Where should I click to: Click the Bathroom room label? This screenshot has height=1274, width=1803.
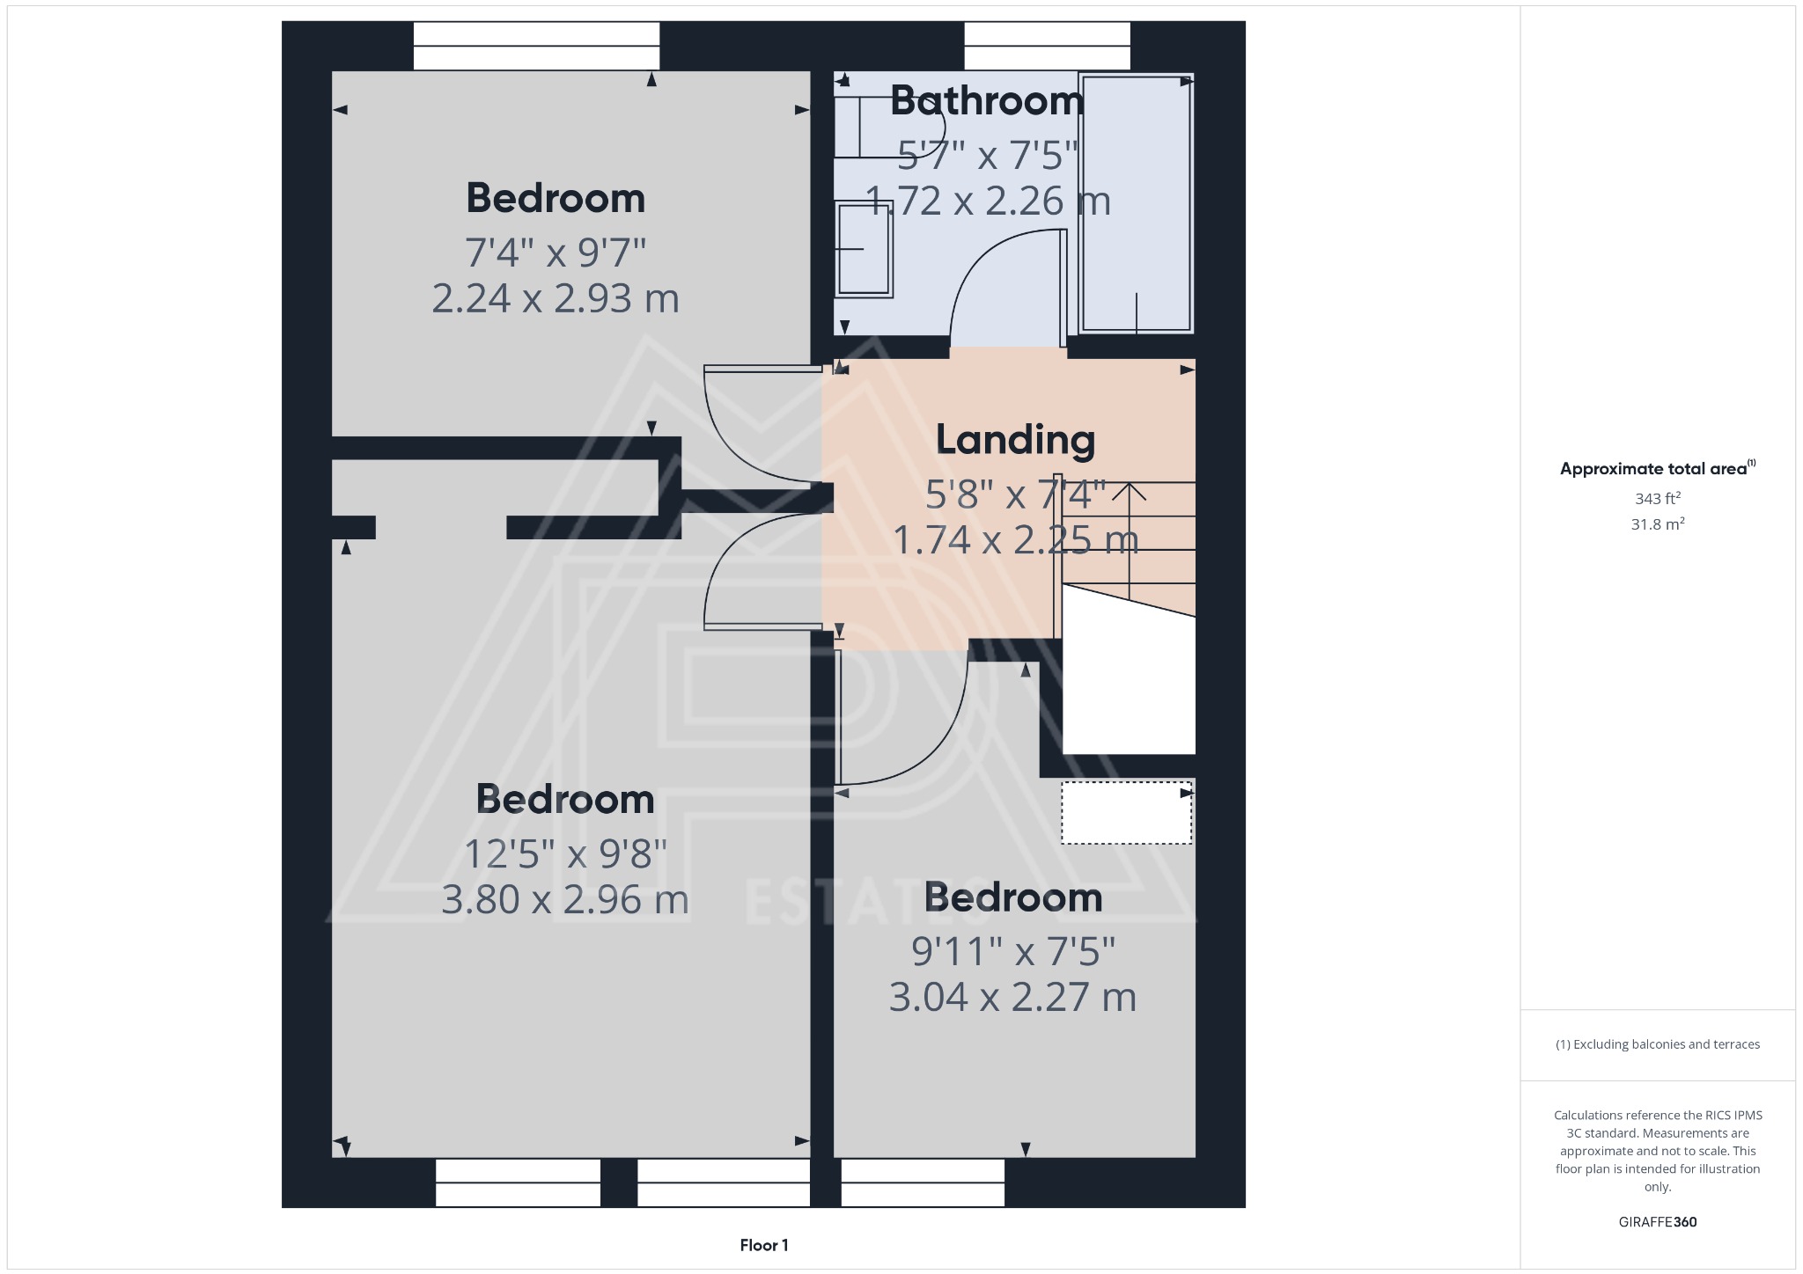(986, 101)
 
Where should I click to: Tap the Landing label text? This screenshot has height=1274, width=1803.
(1015, 440)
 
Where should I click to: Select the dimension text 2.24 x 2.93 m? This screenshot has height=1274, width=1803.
(556, 299)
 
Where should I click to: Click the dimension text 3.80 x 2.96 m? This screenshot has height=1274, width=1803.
(564, 900)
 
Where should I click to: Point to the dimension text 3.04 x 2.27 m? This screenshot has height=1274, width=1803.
(1012, 998)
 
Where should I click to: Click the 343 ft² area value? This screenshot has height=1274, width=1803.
(1658, 499)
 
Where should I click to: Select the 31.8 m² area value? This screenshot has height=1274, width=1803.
(1658, 524)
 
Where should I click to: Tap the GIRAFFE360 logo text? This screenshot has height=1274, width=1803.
(1658, 1222)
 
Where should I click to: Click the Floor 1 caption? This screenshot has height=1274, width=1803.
(763, 1245)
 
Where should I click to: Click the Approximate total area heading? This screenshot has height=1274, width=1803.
(1656, 469)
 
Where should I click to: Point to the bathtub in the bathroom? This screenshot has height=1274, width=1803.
(1136, 202)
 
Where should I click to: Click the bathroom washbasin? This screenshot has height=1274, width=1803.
(864, 249)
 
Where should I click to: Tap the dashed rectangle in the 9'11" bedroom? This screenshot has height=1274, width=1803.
(1126, 813)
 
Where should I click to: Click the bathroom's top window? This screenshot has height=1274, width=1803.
(1047, 46)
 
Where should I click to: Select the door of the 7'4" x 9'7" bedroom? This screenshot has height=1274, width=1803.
(762, 427)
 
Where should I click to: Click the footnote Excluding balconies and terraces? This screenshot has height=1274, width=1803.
(1658, 1044)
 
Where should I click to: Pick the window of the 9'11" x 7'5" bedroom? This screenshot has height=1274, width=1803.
(923, 1182)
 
